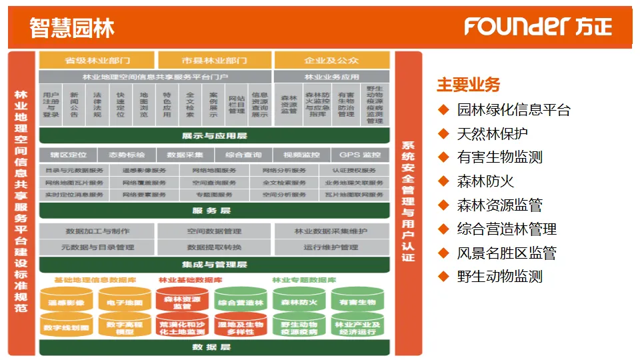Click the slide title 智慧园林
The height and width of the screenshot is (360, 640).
click(x=72, y=27)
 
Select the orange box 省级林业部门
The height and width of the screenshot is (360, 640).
click(x=97, y=61)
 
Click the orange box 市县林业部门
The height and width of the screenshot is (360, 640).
click(x=214, y=61)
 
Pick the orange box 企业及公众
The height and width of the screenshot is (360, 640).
click(x=331, y=61)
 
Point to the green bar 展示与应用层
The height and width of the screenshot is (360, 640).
click(x=214, y=136)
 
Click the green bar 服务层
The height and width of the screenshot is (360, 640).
click(x=214, y=211)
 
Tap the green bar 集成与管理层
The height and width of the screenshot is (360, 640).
click(x=214, y=265)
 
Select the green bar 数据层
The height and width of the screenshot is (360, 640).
click(x=214, y=347)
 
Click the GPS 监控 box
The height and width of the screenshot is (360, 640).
click(x=360, y=155)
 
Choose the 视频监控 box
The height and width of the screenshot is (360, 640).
click(x=301, y=155)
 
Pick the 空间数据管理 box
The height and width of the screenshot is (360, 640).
click(x=214, y=231)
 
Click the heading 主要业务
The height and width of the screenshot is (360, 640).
click(x=468, y=85)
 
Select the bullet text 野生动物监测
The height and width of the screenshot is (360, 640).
click(x=499, y=277)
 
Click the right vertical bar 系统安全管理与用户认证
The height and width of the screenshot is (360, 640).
click(x=408, y=200)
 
